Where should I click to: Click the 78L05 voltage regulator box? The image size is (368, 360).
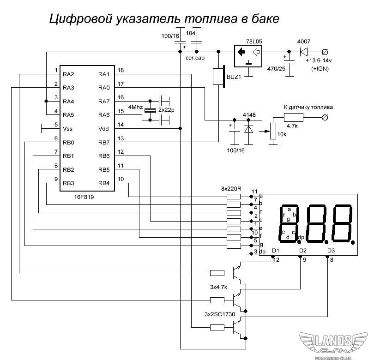tap(248, 56)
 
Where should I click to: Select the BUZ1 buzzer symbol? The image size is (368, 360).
tap(219, 77)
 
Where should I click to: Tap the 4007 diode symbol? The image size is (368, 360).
tap(304, 52)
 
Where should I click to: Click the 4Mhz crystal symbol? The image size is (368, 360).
tap(150, 110)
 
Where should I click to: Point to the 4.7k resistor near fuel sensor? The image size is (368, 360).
tap(293, 117)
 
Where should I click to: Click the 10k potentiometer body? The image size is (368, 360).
tap(273, 131)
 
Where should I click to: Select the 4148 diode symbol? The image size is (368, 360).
tap(248, 129)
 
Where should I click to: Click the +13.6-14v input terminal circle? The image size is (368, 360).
tap(325, 52)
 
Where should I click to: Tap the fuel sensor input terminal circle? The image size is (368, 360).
tap(325, 117)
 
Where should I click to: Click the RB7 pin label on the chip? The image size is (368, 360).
tap(104, 143)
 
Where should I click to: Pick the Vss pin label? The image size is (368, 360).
tap(67, 129)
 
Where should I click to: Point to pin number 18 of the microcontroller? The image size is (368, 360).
tap(121, 70)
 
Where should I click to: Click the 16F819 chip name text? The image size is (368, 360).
tap(84, 197)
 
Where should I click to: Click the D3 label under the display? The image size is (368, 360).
tap(331, 251)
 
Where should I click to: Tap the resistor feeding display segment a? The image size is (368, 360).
tap(234, 197)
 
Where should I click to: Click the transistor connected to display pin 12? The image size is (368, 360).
tap(237, 273)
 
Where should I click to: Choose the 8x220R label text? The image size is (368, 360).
tap(231, 189)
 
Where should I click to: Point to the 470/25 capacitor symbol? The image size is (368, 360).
tap(289, 61)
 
